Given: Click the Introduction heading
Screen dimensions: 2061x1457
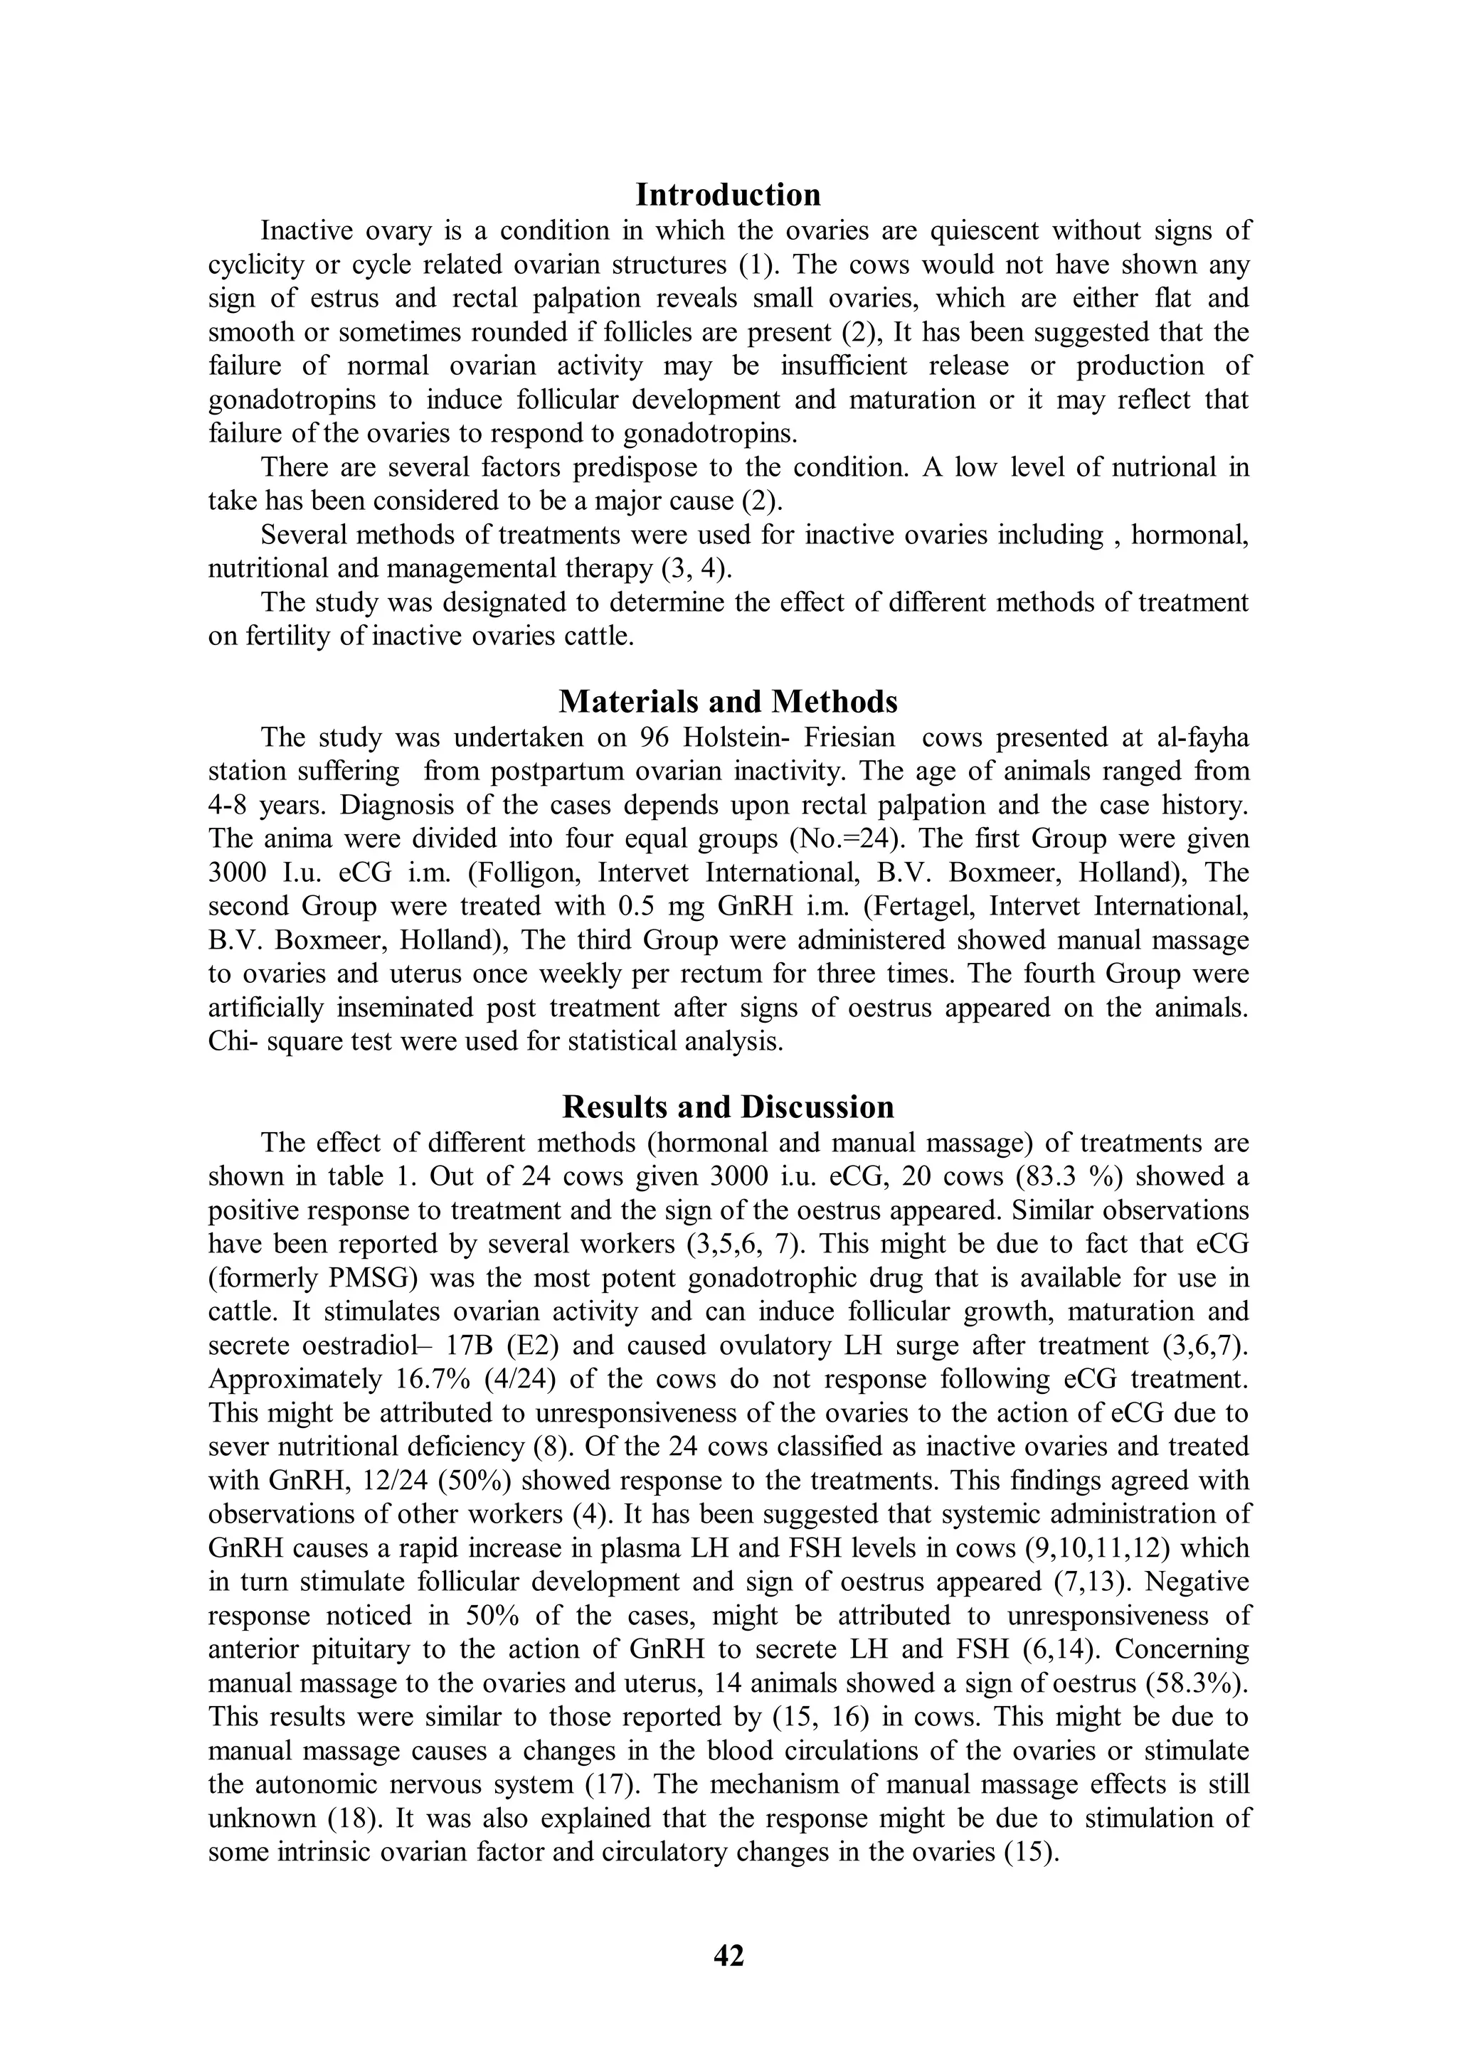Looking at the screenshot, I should pyautogui.click(x=728, y=195).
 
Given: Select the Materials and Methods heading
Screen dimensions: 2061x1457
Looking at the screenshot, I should pyautogui.click(x=728, y=701).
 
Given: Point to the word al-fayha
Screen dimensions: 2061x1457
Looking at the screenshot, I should pyautogui.click(x=1195, y=738).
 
